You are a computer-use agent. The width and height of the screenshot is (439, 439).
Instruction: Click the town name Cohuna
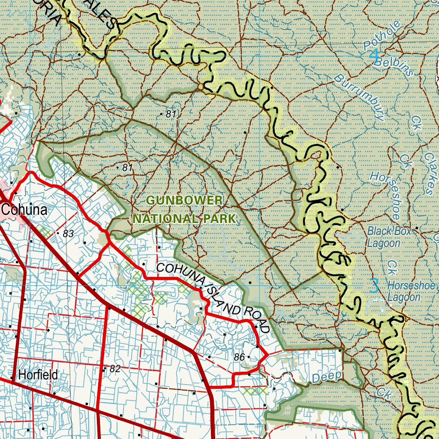24,210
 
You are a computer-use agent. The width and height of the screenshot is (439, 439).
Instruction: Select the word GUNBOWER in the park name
184,200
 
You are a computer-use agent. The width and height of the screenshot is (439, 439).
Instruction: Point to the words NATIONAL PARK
184,219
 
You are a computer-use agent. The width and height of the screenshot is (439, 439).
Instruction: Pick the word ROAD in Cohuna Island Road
253,319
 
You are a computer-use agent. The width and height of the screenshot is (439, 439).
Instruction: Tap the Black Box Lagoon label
389,237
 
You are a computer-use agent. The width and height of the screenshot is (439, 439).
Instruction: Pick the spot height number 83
68,234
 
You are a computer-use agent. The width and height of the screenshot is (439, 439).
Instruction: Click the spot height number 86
239,357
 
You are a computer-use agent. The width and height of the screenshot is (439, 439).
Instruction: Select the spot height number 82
114,368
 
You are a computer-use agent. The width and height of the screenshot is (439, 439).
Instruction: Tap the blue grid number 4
374,54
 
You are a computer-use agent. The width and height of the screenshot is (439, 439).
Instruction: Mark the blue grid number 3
374,285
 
